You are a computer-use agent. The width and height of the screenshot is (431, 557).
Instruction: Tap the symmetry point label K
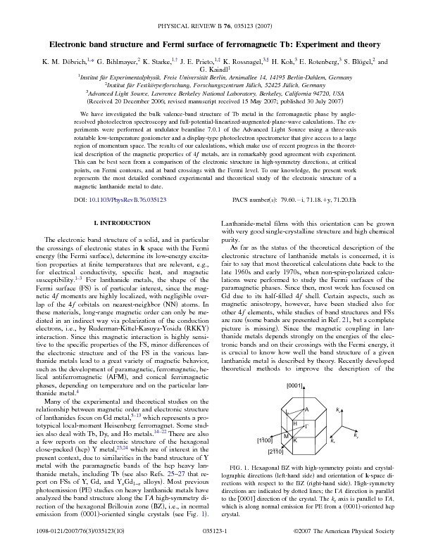pos(295,440)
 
